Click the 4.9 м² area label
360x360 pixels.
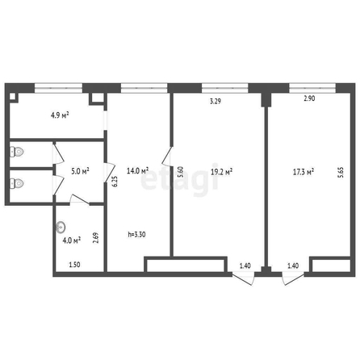point(60,115)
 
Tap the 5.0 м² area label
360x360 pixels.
point(80,171)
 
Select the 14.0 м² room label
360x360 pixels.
point(138,170)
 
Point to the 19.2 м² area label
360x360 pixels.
point(221,172)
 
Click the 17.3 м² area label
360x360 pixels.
point(303,172)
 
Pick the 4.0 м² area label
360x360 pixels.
point(72,241)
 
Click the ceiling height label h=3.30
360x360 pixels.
point(136,235)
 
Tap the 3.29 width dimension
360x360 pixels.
point(216,102)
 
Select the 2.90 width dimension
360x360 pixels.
point(309,98)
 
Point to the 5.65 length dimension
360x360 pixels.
point(341,173)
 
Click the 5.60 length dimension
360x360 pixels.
point(181,172)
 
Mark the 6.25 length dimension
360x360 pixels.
point(115,182)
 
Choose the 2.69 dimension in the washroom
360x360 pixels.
point(96,238)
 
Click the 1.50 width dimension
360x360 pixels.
point(74,265)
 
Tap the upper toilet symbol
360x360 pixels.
point(17,152)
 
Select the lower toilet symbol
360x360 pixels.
point(17,184)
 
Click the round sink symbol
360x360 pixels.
point(61,228)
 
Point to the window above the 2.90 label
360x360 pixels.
point(312,88)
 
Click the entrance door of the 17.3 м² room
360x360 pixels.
point(293,278)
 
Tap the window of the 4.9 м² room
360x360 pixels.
point(58,88)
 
